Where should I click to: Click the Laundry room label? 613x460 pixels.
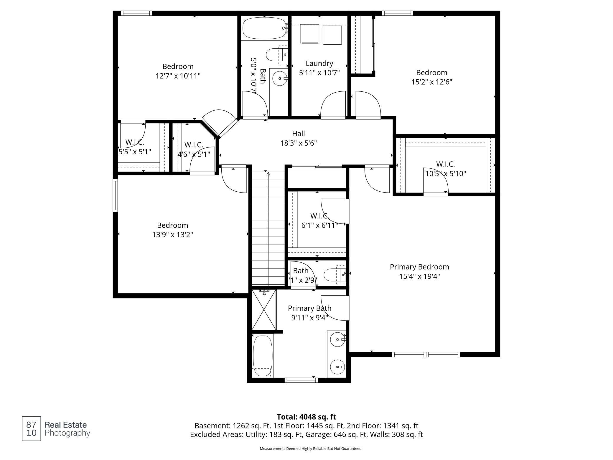(319, 63)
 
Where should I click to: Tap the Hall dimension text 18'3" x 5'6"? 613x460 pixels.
(298, 143)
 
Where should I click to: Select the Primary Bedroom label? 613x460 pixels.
(419, 267)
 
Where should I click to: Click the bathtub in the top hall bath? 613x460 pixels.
(264, 28)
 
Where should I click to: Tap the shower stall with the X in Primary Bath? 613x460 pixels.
(264, 309)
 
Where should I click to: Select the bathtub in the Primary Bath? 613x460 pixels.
(263, 356)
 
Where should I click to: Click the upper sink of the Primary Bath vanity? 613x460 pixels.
(337, 340)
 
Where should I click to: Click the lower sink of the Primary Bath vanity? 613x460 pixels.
(337, 367)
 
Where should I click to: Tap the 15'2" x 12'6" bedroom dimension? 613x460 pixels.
(432, 82)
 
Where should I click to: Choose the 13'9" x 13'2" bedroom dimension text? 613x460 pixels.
(173, 235)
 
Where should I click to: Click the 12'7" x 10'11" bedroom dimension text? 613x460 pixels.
(178, 76)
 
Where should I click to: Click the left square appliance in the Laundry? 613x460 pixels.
(309, 34)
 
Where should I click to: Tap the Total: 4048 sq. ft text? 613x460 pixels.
(306, 417)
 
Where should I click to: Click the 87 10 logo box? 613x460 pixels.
(32, 429)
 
